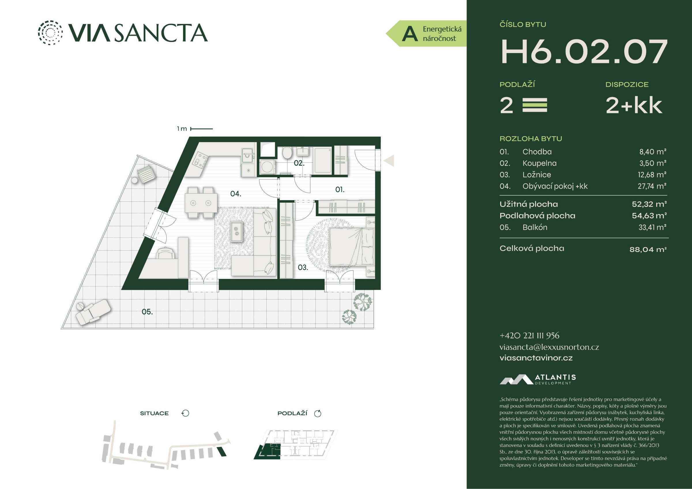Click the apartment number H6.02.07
(584, 52)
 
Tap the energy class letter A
(410, 34)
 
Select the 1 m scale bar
(201, 129)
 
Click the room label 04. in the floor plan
(235, 194)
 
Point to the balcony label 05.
(147, 311)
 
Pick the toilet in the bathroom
(287, 153)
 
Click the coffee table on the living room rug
(236, 231)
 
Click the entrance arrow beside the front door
(389, 161)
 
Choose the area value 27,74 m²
(652, 186)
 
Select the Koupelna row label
(539, 163)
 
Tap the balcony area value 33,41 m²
(652, 227)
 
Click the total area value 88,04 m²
(648, 250)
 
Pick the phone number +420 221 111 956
(529, 335)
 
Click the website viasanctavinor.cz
(536, 358)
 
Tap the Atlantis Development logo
(538, 379)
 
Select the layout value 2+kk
(634, 105)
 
